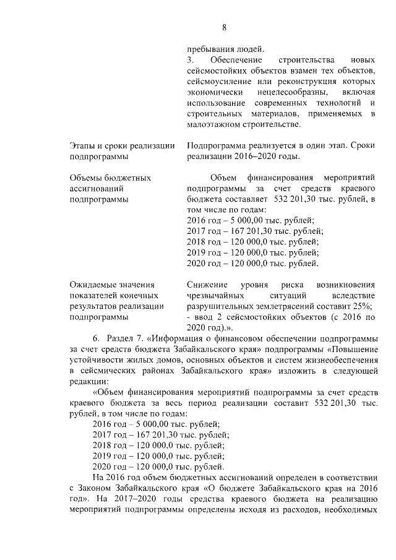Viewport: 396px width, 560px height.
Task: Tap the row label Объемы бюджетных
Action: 110,178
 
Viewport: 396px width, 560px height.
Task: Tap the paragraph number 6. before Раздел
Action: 97,338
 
